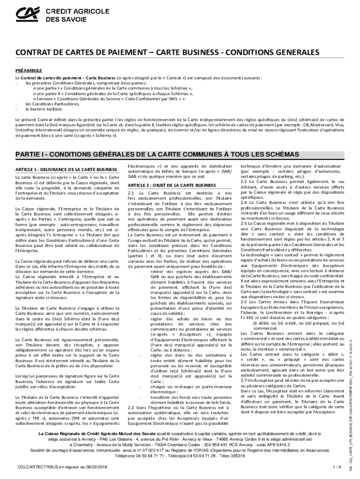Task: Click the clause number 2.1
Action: (x=131, y=193)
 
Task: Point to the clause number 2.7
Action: (x=244, y=380)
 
